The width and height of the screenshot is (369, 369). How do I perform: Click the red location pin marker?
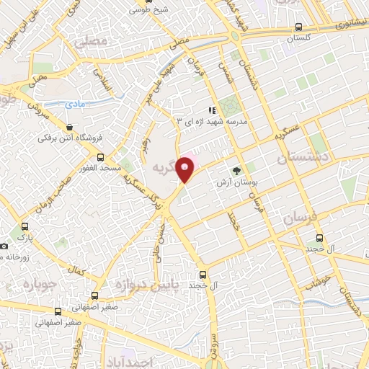pos(186,168)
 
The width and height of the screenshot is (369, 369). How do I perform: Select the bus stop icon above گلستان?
pos(298,27)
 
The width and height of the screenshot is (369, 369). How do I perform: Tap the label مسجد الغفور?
pos(99,167)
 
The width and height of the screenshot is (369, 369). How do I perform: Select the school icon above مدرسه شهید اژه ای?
pos(212,111)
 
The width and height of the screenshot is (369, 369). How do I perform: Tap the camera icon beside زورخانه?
pos(4,246)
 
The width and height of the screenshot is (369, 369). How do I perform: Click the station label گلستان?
pos(298,38)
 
